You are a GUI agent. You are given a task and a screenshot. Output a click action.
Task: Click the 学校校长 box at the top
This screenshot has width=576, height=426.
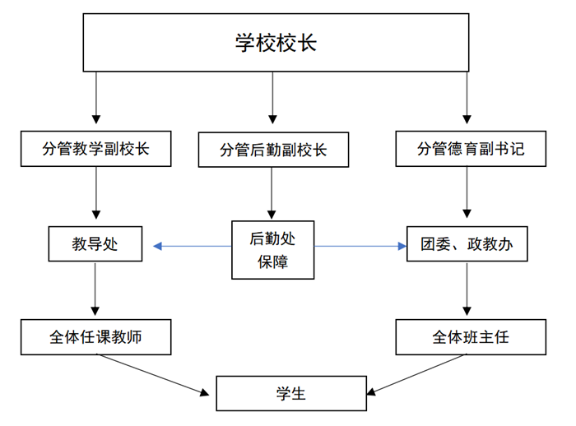click(x=276, y=43)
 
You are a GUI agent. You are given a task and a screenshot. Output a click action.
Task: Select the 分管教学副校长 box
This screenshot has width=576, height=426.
click(x=96, y=149)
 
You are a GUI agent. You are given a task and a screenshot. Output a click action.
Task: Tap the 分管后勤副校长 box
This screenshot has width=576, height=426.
click(x=273, y=150)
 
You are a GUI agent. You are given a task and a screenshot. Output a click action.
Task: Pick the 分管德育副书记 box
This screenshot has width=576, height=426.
click(x=471, y=149)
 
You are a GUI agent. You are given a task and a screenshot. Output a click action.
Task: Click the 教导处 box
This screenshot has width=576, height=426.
click(x=95, y=244)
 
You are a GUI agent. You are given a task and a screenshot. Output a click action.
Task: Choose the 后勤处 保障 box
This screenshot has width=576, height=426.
click(x=272, y=250)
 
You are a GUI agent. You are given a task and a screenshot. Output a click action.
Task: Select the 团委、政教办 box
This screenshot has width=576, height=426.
click(x=467, y=244)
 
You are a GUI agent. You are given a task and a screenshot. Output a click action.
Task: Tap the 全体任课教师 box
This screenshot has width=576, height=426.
click(x=96, y=337)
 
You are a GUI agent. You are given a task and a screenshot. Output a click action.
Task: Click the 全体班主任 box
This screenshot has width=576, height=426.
click(x=471, y=337)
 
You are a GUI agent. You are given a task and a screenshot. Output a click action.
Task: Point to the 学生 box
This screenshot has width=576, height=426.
click(x=291, y=393)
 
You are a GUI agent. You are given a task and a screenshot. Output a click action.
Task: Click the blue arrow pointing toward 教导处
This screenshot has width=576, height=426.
click(x=192, y=246)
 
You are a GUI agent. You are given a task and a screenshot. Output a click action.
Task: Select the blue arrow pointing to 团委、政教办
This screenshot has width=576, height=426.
click(x=360, y=246)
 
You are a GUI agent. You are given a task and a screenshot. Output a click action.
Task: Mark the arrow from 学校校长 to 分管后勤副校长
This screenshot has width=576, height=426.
click(x=272, y=98)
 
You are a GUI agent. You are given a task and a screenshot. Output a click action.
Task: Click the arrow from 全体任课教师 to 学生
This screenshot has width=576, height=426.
click(x=153, y=375)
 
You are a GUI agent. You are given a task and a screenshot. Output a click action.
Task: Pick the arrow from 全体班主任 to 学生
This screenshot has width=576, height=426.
click(x=416, y=375)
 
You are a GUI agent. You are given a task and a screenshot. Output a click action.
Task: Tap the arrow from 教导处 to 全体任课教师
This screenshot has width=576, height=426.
click(x=95, y=289)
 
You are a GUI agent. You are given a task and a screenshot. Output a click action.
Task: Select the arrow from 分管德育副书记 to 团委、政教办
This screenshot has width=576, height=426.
click(x=467, y=192)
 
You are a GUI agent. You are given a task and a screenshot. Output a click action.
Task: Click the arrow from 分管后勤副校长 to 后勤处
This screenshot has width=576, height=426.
click(x=272, y=193)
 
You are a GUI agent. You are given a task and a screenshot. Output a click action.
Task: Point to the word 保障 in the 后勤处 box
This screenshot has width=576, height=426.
click(x=272, y=262)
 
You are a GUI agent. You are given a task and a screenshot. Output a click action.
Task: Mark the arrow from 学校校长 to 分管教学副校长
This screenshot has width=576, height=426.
click(x=96, y=98)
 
